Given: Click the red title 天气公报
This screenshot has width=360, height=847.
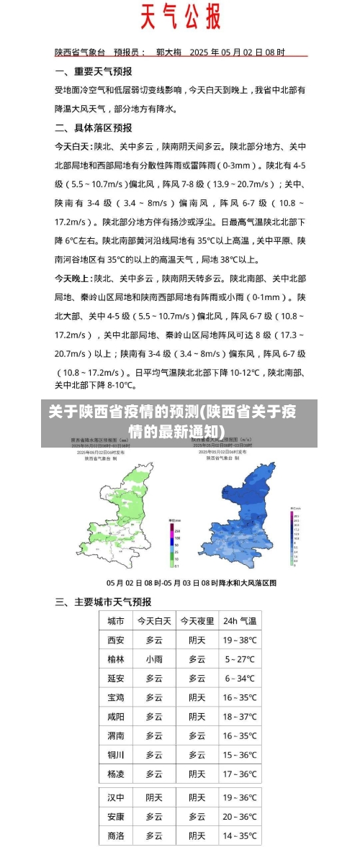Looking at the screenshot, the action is coord(180,17).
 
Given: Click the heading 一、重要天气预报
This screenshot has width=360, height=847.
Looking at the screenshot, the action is coord(94,72).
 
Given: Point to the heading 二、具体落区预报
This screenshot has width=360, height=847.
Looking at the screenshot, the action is coord(94,127).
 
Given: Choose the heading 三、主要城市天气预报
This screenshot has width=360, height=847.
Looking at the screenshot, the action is coord(104,602).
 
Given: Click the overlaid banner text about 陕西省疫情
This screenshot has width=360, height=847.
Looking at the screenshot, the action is coord(172,421).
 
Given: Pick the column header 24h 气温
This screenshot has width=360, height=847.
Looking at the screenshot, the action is coord(240,620).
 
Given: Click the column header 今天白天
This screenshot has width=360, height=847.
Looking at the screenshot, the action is coord(154,620).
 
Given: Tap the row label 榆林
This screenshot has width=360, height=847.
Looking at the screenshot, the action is coord(115,659).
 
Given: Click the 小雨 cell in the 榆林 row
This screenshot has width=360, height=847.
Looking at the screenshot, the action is coord(154,659).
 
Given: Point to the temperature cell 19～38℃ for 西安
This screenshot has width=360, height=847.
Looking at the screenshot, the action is coord(240,640).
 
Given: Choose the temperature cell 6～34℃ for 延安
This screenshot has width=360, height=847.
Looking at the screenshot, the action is coord(240,679).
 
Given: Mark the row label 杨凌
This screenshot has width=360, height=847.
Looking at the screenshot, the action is coord(115,774).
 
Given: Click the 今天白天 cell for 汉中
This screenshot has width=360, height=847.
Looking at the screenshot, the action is coord(154,797).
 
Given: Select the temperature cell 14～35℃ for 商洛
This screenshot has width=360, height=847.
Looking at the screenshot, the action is coord(240,835).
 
